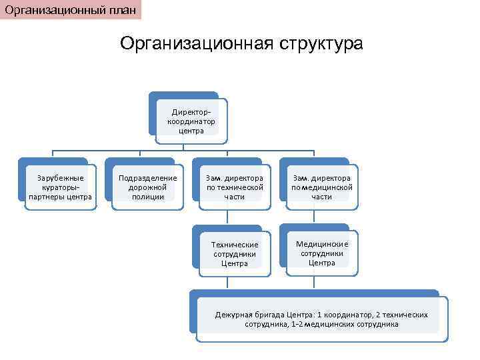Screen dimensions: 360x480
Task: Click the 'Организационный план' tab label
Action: point(71,9)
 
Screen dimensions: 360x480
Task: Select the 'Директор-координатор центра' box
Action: point(191,121)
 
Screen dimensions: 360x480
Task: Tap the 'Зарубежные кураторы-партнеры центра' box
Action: point(60,187)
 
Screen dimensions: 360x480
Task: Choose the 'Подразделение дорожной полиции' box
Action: point(147,187)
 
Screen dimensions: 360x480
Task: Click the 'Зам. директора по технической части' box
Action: point(234,187)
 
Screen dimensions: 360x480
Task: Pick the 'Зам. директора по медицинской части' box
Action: point(321,187)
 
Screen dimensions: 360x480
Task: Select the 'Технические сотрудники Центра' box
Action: point(234,254)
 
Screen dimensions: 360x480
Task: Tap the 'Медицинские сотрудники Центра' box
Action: point(321,253)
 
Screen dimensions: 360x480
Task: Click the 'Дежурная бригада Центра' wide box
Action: point(321,319)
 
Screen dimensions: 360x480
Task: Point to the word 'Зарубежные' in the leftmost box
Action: point(60,178)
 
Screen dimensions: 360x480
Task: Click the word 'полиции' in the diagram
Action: point(147,197)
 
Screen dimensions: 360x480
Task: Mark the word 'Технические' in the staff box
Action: point(234,245)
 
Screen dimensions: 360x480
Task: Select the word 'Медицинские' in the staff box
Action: point(322,244)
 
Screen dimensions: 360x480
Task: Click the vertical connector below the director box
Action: point(191,147)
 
